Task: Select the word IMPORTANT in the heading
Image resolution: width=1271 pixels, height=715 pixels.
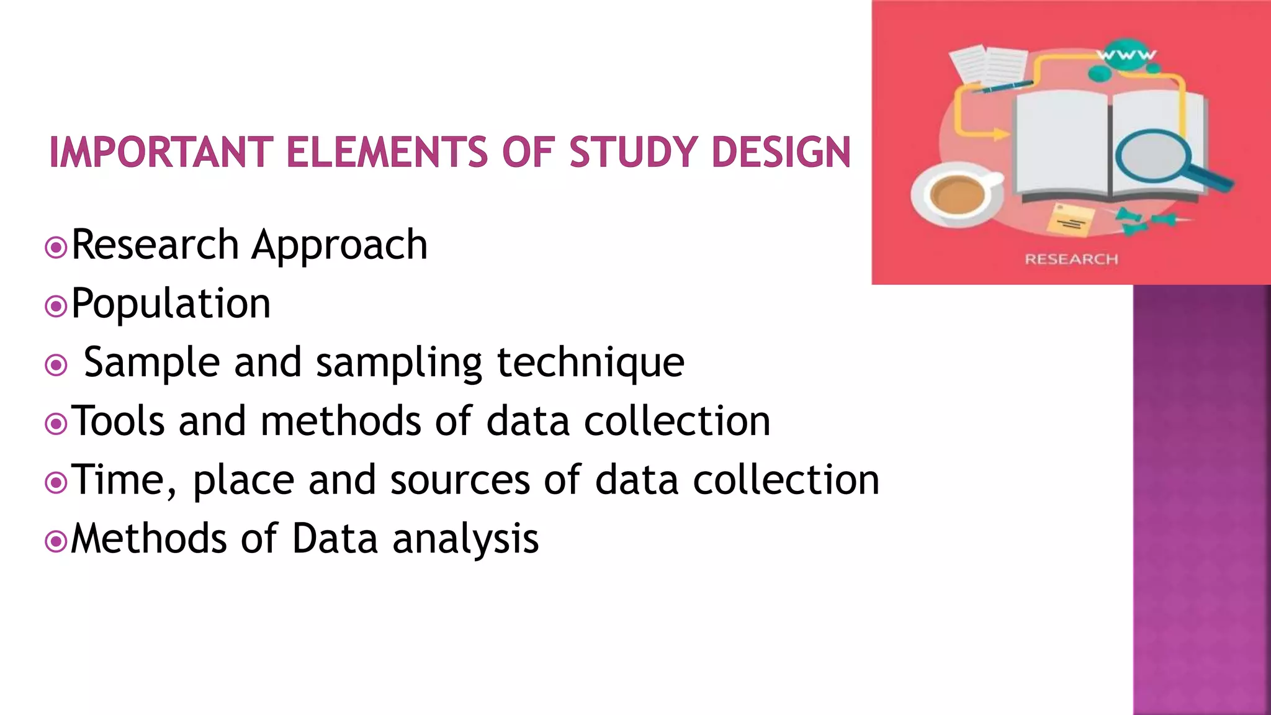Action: [161, 153]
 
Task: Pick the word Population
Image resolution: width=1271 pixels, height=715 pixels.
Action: [171, 304]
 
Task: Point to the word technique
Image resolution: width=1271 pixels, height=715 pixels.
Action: [590, 362]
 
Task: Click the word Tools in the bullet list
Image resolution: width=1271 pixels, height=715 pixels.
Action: [118, 421]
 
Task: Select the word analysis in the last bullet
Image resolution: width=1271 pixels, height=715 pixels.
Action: [465, 539]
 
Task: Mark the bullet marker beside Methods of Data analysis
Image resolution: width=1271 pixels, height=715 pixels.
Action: [56, 541]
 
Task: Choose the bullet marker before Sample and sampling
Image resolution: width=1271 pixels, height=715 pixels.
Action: [56, 366]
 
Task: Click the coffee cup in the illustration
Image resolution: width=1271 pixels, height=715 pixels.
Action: [958, 194]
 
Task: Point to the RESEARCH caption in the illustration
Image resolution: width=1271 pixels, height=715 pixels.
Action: [1071, 259]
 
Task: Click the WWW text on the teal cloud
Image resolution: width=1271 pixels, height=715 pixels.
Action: [1126, 55]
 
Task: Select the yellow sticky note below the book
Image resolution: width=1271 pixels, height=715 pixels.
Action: [1071, 220]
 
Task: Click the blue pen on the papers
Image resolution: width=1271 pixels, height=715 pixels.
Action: [1000, 87]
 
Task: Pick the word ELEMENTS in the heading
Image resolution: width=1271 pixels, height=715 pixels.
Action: [387, 153]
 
